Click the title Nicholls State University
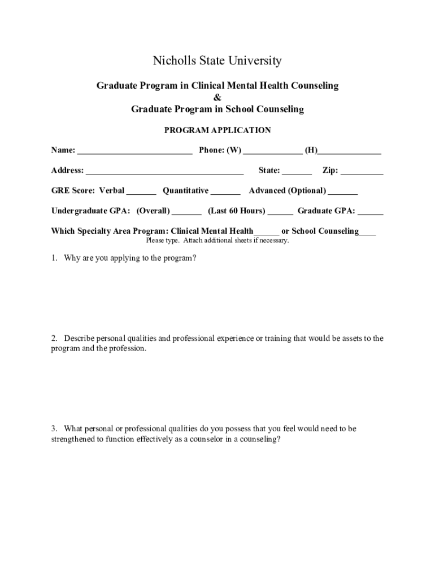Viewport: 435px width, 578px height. click(217, 61)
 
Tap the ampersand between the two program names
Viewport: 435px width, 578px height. click(217, 98)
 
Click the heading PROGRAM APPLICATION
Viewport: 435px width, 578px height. click(217, 130)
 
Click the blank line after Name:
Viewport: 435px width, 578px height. click(134, 151)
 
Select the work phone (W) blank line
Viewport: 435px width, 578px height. click(273, 151)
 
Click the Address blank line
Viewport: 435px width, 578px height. click(164, 172)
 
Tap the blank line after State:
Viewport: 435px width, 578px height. click(297, 172)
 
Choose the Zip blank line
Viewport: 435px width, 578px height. click(362, 172)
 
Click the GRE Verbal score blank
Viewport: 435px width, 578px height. click(141, 192)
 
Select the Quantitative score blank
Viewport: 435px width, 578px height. click(225, 192)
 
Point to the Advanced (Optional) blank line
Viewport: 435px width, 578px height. click(342, 192)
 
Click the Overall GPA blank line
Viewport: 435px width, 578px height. click(186, 212)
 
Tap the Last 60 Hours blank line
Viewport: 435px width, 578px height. click(280, 212)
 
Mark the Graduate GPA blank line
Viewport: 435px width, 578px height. click(371, 212)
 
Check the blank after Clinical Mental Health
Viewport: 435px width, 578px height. click(266, 232)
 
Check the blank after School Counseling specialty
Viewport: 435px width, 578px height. click(367, 232)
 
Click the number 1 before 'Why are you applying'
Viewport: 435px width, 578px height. click(53, 259)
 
